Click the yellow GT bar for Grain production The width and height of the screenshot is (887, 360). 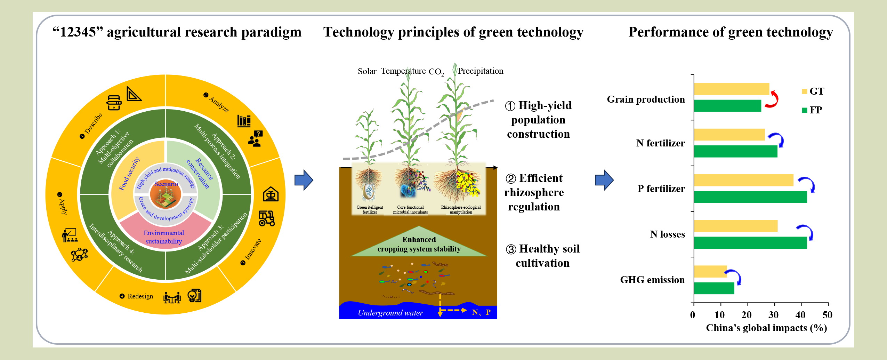[x=732, y=89]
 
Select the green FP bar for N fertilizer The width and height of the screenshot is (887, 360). [x=736, y=151]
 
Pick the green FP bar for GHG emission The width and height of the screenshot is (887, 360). [x=714, y=288]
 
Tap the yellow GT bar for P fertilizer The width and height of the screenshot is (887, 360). [x=744, y=180]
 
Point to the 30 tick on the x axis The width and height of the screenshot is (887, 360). [x=774, y=315]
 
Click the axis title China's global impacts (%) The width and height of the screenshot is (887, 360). [x=766, y=328]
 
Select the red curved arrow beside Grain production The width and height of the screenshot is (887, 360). [x=773, y=99]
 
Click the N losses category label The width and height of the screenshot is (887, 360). [x=668, y=234]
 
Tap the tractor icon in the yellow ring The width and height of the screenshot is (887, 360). [x=267, y=218]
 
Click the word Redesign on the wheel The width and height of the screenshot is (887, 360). [x=140, y=296]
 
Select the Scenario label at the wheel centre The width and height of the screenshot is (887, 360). [x=166, y=184]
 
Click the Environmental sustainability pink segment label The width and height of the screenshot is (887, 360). [x=164, y=237]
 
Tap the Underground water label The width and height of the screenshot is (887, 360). [x=390, y=313]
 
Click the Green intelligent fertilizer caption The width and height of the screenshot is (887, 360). [x=370, y=210]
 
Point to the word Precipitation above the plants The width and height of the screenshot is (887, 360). [x=481, y=71]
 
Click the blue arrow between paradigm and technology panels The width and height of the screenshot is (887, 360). [x=304, y=180]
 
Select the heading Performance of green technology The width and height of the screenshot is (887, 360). [x=731, y=32]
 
